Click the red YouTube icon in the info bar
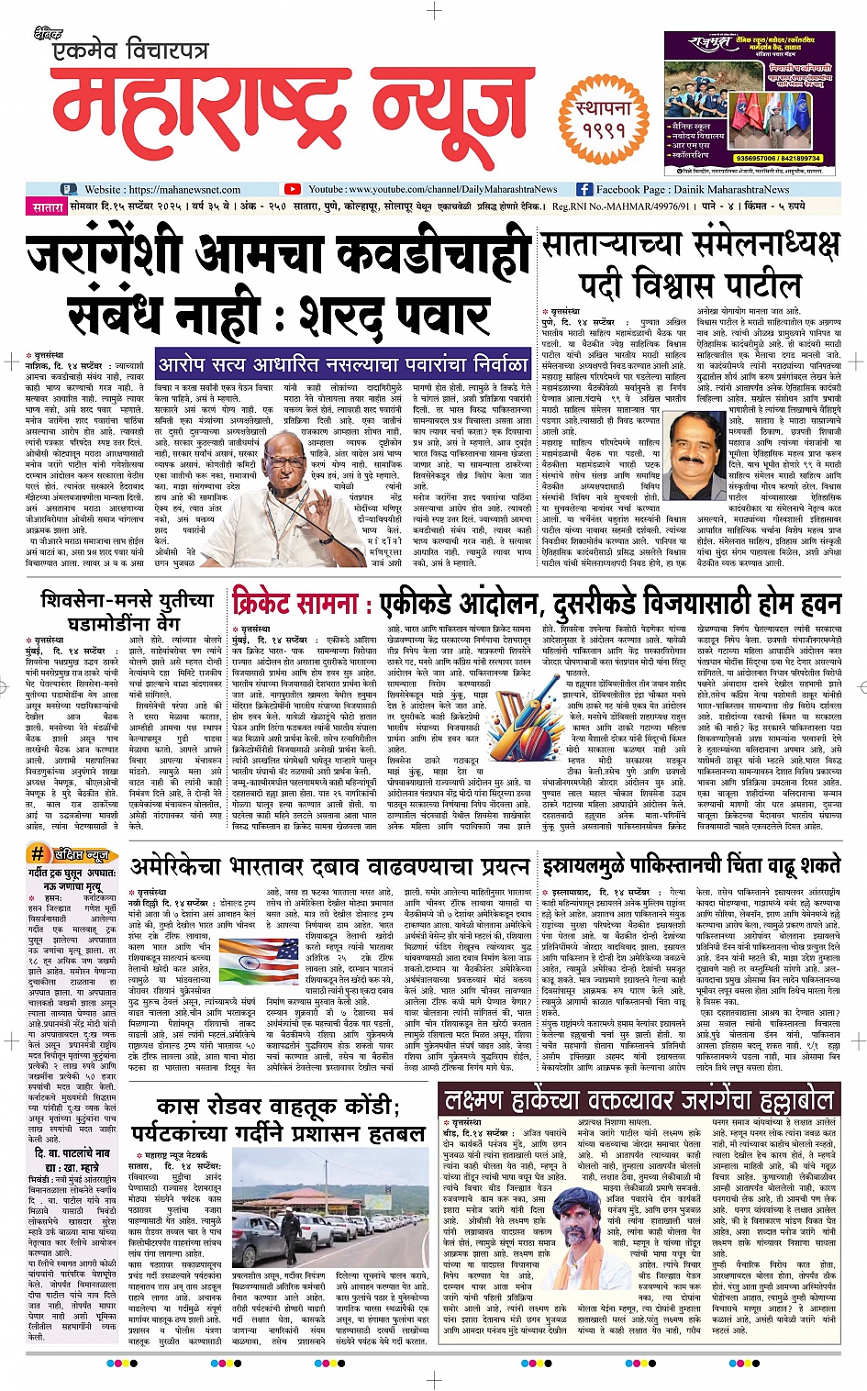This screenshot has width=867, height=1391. coord(293,189)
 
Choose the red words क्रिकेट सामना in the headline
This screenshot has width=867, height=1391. coord(297,604)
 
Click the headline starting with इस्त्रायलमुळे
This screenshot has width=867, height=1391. coord(690,865)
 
